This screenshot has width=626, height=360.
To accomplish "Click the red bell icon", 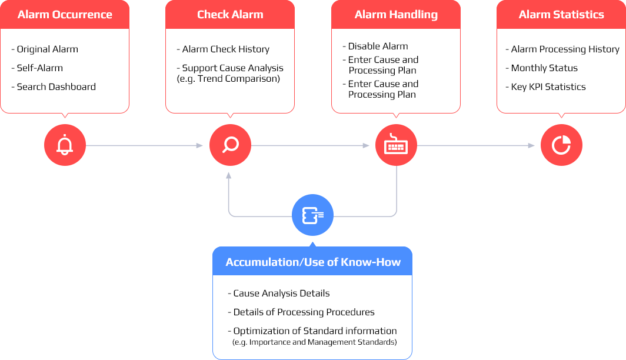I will coord(65,145).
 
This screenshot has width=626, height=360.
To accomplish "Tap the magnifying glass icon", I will coord(230,145).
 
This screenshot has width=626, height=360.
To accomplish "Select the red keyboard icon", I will coord(396,145).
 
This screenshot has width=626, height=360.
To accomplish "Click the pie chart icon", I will coord(561,145).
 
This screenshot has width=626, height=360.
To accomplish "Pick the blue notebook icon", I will coord(312,216).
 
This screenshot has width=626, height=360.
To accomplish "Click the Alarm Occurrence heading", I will coord(65,15).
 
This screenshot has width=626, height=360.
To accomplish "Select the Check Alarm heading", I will coord(230,15).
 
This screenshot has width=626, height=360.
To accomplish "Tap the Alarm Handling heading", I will coord(396,15).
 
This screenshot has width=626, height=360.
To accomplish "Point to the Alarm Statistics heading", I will coord(561,15).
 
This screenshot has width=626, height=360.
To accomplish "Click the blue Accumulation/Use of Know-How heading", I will coord(312,262).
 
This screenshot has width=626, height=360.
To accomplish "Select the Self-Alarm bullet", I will coord(39,68).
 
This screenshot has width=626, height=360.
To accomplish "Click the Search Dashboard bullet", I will coord(56,87).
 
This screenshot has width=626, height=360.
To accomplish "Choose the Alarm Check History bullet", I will coord(225,49).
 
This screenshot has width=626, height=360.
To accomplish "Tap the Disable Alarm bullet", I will coord(378,46).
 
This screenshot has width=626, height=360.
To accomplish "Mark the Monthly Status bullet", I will coord(544,68).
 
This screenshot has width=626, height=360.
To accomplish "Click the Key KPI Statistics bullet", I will coord(548,87).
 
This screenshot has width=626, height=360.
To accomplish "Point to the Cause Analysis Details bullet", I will coord(281,294).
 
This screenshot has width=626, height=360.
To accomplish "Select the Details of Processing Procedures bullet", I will coord(304,312).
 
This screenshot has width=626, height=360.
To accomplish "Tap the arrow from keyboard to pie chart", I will coord(477,145).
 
